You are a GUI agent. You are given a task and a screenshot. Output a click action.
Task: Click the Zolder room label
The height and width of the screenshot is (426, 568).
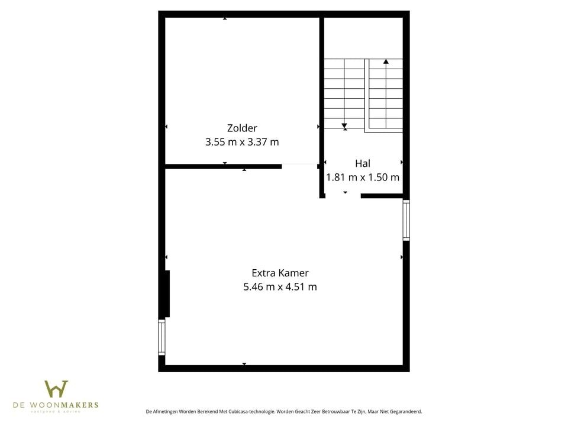tap(242, 128)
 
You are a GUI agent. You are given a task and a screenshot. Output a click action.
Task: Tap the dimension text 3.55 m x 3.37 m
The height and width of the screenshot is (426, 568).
tap(242, 142)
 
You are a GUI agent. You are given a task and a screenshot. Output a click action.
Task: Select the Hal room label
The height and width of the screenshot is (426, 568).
tap(363, 163)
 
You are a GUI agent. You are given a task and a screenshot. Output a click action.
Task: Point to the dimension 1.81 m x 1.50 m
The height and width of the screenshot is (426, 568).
tap(363, 177)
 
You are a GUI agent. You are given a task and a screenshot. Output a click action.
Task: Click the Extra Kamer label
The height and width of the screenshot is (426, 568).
tap(280, 273)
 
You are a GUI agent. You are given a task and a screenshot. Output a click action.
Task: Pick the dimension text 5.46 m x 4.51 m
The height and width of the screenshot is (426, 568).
tap(280, 287)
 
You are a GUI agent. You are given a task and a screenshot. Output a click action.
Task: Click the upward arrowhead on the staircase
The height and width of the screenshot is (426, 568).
tap(386, 61)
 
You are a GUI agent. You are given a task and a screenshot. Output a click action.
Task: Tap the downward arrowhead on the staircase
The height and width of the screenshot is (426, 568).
tap(344, 126)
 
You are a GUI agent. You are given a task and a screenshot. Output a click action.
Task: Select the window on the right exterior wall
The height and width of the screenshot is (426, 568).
tap(406, 220)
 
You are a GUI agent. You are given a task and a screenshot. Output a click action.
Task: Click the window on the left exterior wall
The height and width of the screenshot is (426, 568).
tap(162, 338)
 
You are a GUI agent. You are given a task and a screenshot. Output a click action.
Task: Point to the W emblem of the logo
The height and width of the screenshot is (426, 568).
tap(56, 389)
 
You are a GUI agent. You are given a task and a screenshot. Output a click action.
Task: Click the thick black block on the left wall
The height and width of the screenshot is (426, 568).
tap(167, 293)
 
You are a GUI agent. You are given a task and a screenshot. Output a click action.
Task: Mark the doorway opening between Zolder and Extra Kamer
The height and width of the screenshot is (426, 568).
tap(299, 166)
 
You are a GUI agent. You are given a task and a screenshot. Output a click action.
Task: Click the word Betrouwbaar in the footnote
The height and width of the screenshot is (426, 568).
tap(335, 411)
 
